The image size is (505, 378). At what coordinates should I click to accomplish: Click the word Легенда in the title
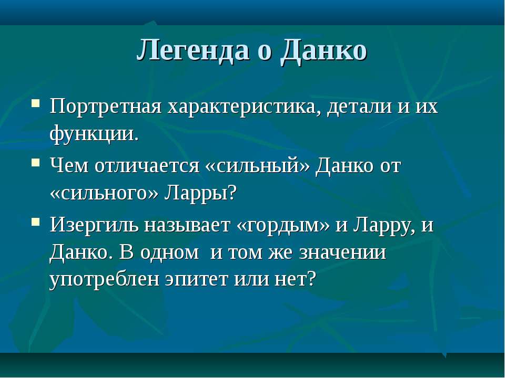pos(193,51)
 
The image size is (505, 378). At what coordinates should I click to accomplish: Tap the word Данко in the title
pos(324,51)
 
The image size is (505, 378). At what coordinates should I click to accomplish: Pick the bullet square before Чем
pos(36,162)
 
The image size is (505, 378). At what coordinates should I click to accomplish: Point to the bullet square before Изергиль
pos(36,222)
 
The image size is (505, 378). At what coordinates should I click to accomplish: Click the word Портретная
pos(105,107)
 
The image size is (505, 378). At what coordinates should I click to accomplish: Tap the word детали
pos(359,106)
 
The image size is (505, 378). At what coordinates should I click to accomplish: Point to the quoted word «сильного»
pos(104,194)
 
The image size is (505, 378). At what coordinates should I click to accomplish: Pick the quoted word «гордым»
pos(283,226)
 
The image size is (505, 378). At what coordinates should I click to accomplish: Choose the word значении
pos(342,253)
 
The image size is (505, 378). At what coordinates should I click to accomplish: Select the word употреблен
pos(104,280)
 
